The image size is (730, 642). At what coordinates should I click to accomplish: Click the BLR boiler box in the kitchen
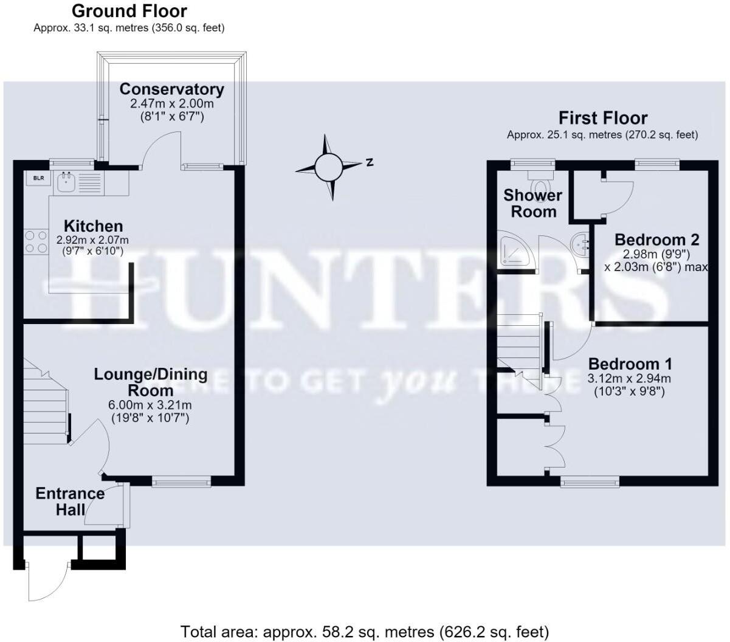pyautogui.click(x=38, y=178)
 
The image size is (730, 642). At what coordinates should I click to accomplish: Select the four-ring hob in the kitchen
pyautogui.click(x=36, y=242)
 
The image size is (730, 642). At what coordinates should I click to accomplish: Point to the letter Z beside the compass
pyautogui.click(x=369, y=162)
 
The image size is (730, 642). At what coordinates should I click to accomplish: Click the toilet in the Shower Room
pyautogui.click(x=540, y=183)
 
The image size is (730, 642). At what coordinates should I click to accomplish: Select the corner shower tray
pyautogui.click(x=514, y=249)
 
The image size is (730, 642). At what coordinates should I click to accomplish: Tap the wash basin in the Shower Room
pyautogui.click(x=579, y=244)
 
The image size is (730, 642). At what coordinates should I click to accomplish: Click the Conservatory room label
pyautogui.click(x=171, y=89)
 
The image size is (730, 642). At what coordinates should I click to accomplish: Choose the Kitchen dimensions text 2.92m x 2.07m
pyautogui.click(x=92, y=240)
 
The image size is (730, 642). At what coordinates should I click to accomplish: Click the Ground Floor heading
pyautogui.click(x=129, y=11)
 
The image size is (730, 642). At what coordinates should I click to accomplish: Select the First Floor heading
pyautogui.click(x=603, y=118)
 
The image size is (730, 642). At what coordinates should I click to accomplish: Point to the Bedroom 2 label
pyautogui.click(x=657, y=240)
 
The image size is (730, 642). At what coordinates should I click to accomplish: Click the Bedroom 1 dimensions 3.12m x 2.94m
pyautogui.click(x=629, y=379)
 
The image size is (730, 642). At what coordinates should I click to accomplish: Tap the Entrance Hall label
pyautogui.click(x=71, y=502)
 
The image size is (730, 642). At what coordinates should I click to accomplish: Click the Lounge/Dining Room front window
pyautogui.click(x=181, y=481)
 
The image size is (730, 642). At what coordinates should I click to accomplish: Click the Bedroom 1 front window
pyautogui.click(x=590, y=481)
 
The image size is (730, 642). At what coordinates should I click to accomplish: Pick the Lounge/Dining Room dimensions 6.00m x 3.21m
pyautogui.click(x=150, y=405)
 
